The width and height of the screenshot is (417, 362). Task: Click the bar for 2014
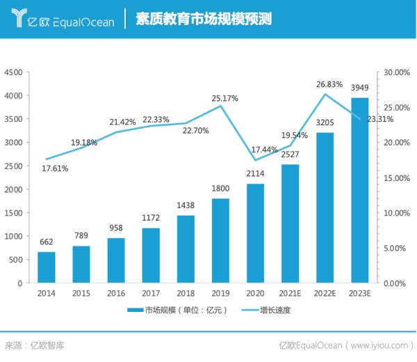pos(46,268)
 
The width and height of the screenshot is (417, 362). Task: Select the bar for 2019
pos(220,241)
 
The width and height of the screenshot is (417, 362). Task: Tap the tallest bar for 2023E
pos(359,191)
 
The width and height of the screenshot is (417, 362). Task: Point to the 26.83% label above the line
pos(329,84)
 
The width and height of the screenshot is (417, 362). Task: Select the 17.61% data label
pos(55,168)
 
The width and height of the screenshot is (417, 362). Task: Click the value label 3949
pos(359,88)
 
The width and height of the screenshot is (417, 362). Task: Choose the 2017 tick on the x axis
pos(151,294)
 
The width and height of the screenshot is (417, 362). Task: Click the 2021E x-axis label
pos(290,294)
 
